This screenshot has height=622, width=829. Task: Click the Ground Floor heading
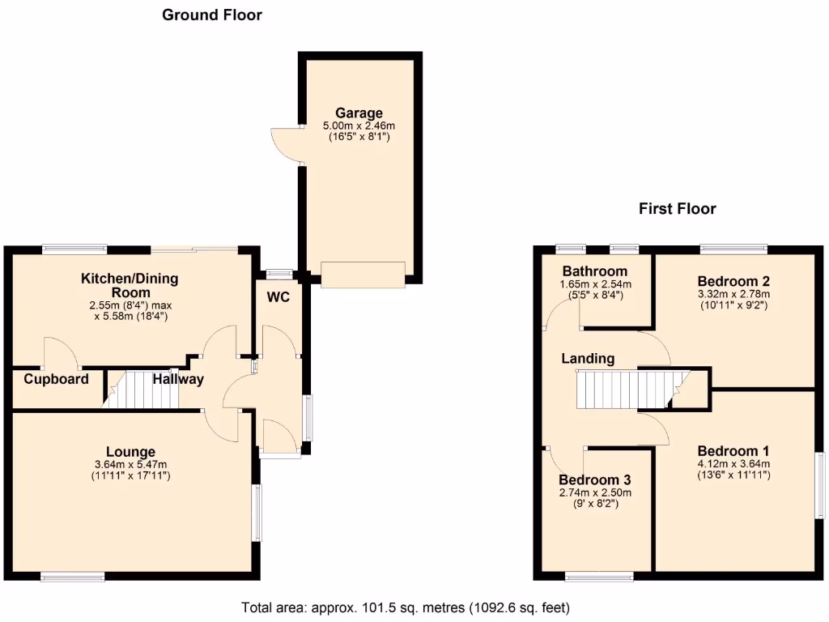212,15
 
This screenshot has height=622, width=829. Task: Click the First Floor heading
677,209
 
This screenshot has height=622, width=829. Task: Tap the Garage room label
359,113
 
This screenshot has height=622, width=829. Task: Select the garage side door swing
286,146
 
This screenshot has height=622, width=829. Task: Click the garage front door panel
362,274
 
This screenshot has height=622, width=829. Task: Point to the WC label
278,297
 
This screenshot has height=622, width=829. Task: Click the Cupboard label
56,379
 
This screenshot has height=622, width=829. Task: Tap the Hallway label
178,379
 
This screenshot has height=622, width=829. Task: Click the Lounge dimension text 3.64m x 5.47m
130,465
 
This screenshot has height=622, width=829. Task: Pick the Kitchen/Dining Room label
130,285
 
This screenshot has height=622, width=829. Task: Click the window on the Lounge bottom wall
73,576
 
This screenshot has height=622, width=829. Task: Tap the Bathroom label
595,271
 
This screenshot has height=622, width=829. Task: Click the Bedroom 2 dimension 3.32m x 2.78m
733,294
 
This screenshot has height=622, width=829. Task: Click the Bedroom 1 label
733,451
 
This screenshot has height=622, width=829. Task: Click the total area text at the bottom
406,607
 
